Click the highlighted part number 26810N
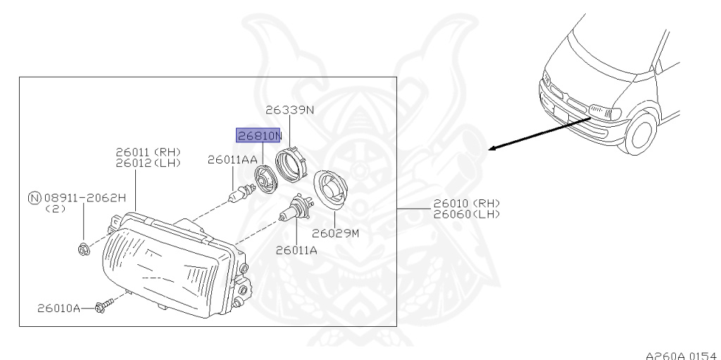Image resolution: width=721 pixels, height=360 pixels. point(258,135)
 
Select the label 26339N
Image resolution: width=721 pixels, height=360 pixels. point(290,109)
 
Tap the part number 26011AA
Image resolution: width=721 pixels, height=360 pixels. point(232,161)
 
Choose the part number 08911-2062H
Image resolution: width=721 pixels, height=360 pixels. point(84,199)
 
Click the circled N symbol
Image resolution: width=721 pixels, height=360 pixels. point(32,199)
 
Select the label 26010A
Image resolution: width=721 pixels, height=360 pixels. point(60,308)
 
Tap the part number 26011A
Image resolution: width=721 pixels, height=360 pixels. point(296,249)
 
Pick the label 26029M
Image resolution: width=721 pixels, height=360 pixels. point(335,233)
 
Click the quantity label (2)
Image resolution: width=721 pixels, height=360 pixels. point(54,209)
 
